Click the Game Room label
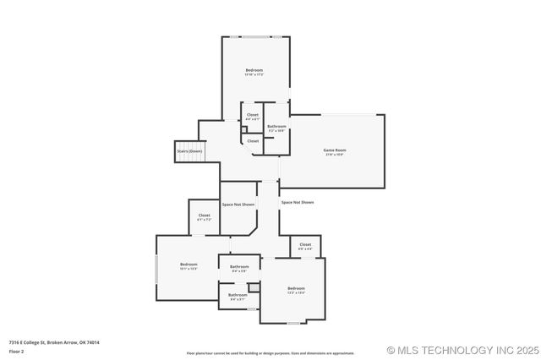[x=335, y=150]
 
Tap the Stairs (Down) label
[x=189, y=151]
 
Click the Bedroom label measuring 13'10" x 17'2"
[x=254, y=69]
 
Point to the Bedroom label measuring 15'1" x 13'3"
[x=189, y=265]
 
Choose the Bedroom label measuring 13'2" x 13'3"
[x=295, y=288]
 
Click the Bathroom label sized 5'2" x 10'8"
[x=276, y=126]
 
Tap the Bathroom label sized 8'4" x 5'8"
[x=238, y=267]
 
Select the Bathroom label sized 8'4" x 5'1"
[x=238, y=295]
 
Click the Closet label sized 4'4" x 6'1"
[x=253, y=115]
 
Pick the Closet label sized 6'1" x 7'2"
[x=204, y=215]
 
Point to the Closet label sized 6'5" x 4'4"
[x=305, y=244]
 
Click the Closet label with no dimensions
[x=253, y=141]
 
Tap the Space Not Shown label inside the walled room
[x=238, y=205]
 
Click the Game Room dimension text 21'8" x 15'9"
[x=335, y=155]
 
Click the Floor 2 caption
[x=17, y=350]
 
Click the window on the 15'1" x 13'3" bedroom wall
[x=156, y=268]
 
